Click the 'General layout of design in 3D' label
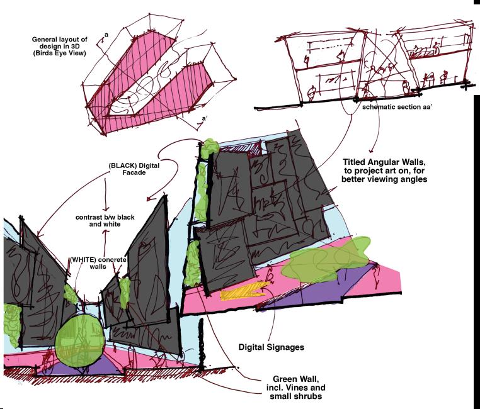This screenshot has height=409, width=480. click(60, 47)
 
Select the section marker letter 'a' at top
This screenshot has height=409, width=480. click(106, 35)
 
